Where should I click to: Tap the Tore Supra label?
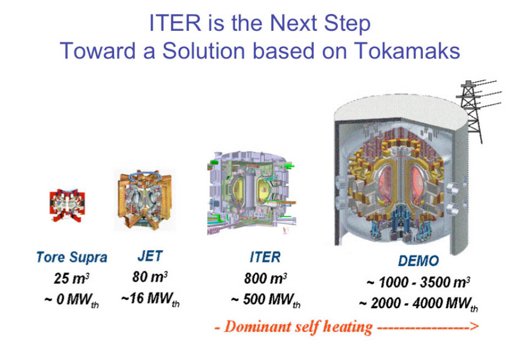pos(72,258)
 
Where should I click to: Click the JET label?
pos(150,256)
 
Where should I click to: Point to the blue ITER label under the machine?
pos(265,257)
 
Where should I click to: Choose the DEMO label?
pos(418,261)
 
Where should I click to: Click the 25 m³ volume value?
pos(72,278)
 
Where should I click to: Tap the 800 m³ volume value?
pos(266,278)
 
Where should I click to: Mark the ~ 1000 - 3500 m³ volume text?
pos(418,282)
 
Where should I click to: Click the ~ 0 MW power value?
pos(71,301)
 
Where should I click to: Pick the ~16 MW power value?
pos(150,300)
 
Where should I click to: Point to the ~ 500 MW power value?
pos(266,301)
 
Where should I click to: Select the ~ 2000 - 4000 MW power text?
pos(418,305)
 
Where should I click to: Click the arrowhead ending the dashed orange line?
pos(474,328)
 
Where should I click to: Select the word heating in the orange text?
pos(348,328)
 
